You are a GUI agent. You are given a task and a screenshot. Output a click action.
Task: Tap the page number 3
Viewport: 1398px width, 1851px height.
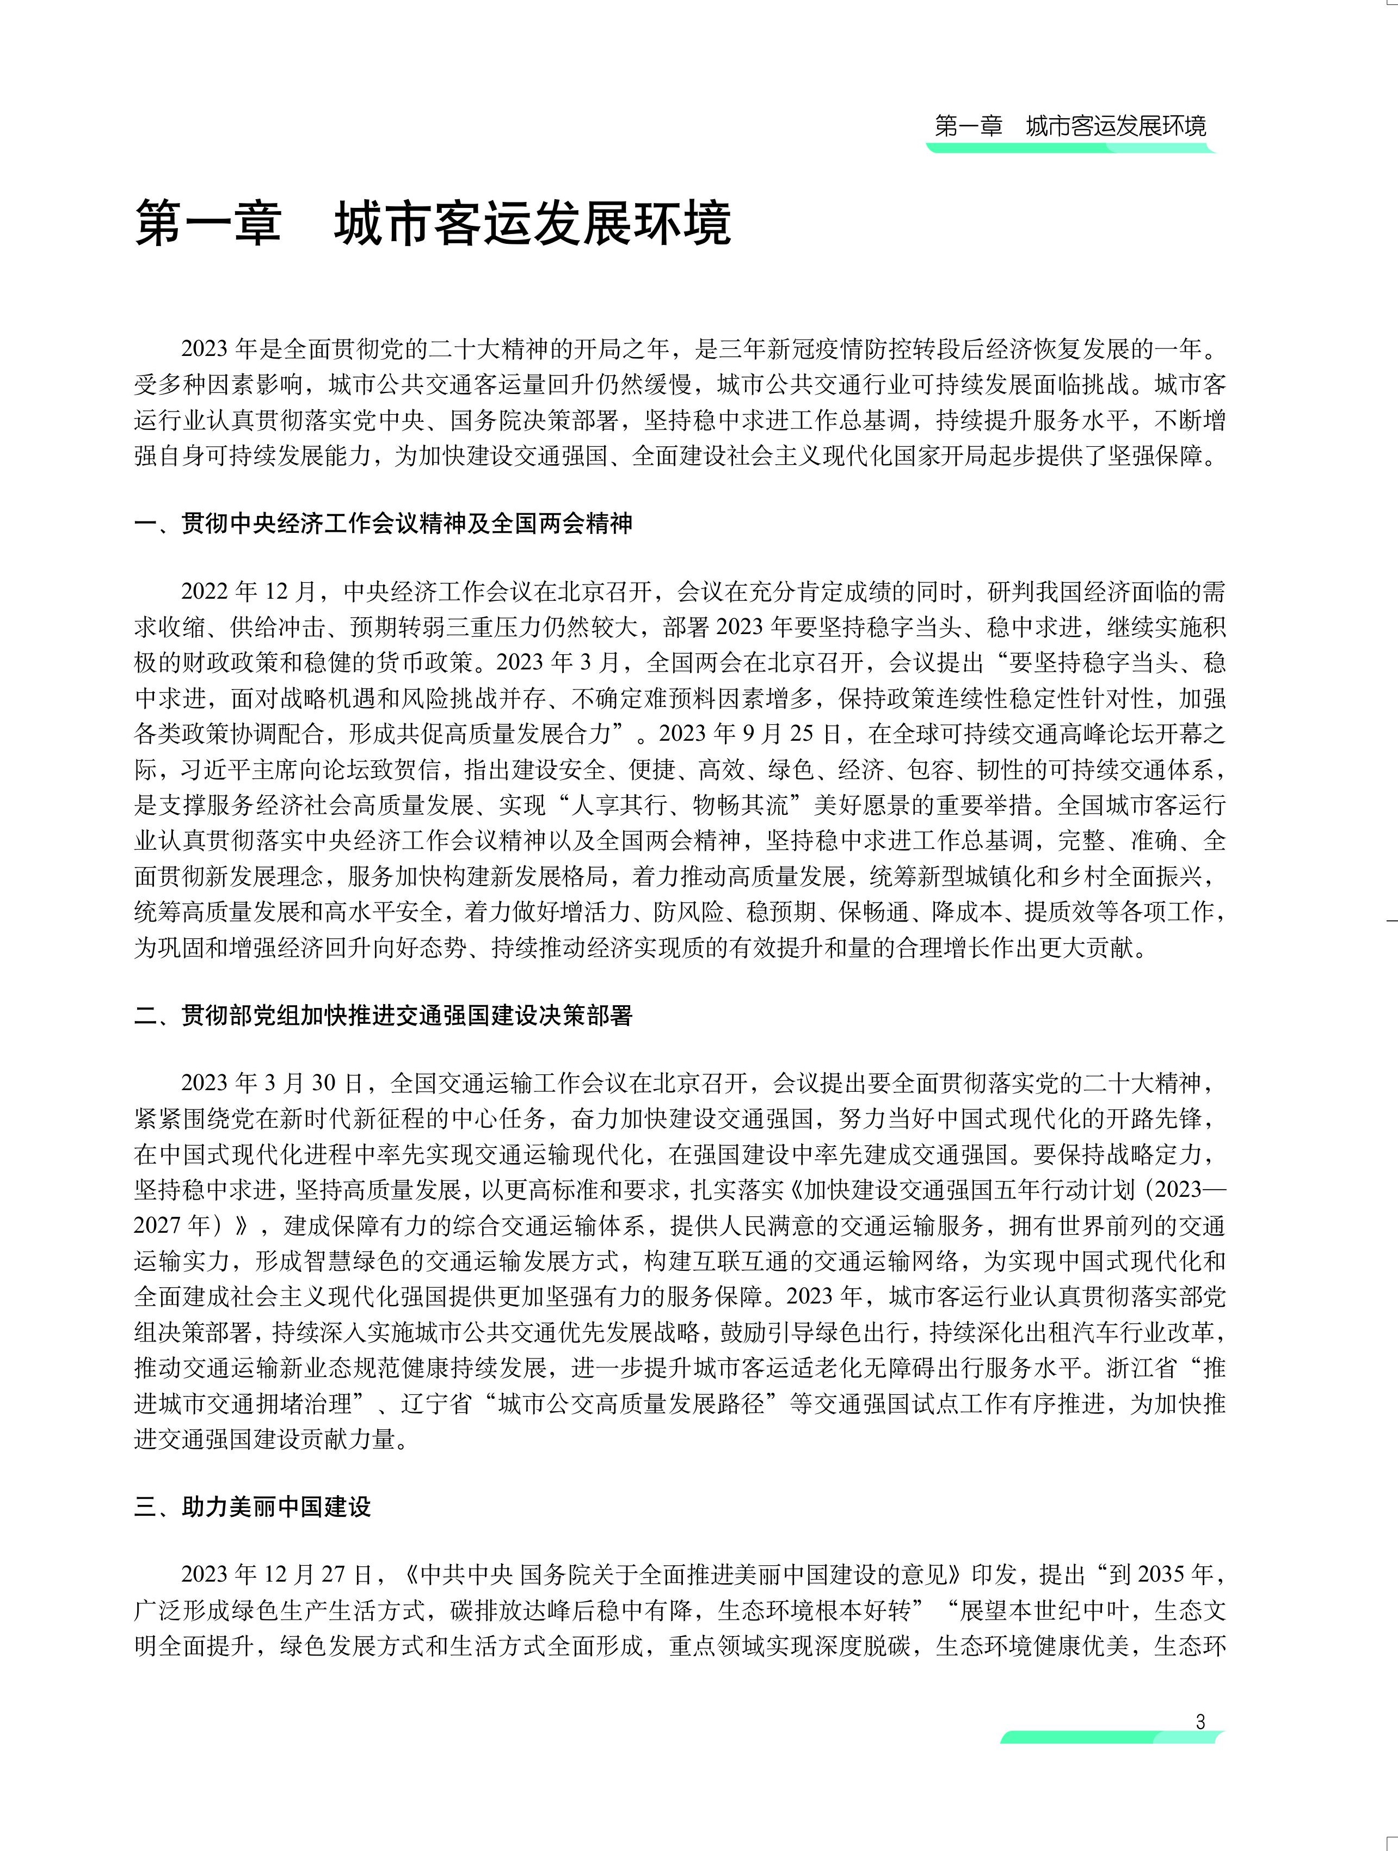point(1200,1722)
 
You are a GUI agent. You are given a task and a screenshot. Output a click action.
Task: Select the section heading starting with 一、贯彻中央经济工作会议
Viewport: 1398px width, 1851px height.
point(383,524)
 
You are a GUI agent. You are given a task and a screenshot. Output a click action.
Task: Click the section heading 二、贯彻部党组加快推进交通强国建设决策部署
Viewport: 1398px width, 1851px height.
point(383,1016)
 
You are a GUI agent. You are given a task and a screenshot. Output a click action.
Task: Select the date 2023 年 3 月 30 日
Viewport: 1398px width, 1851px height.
point(272,1084)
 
